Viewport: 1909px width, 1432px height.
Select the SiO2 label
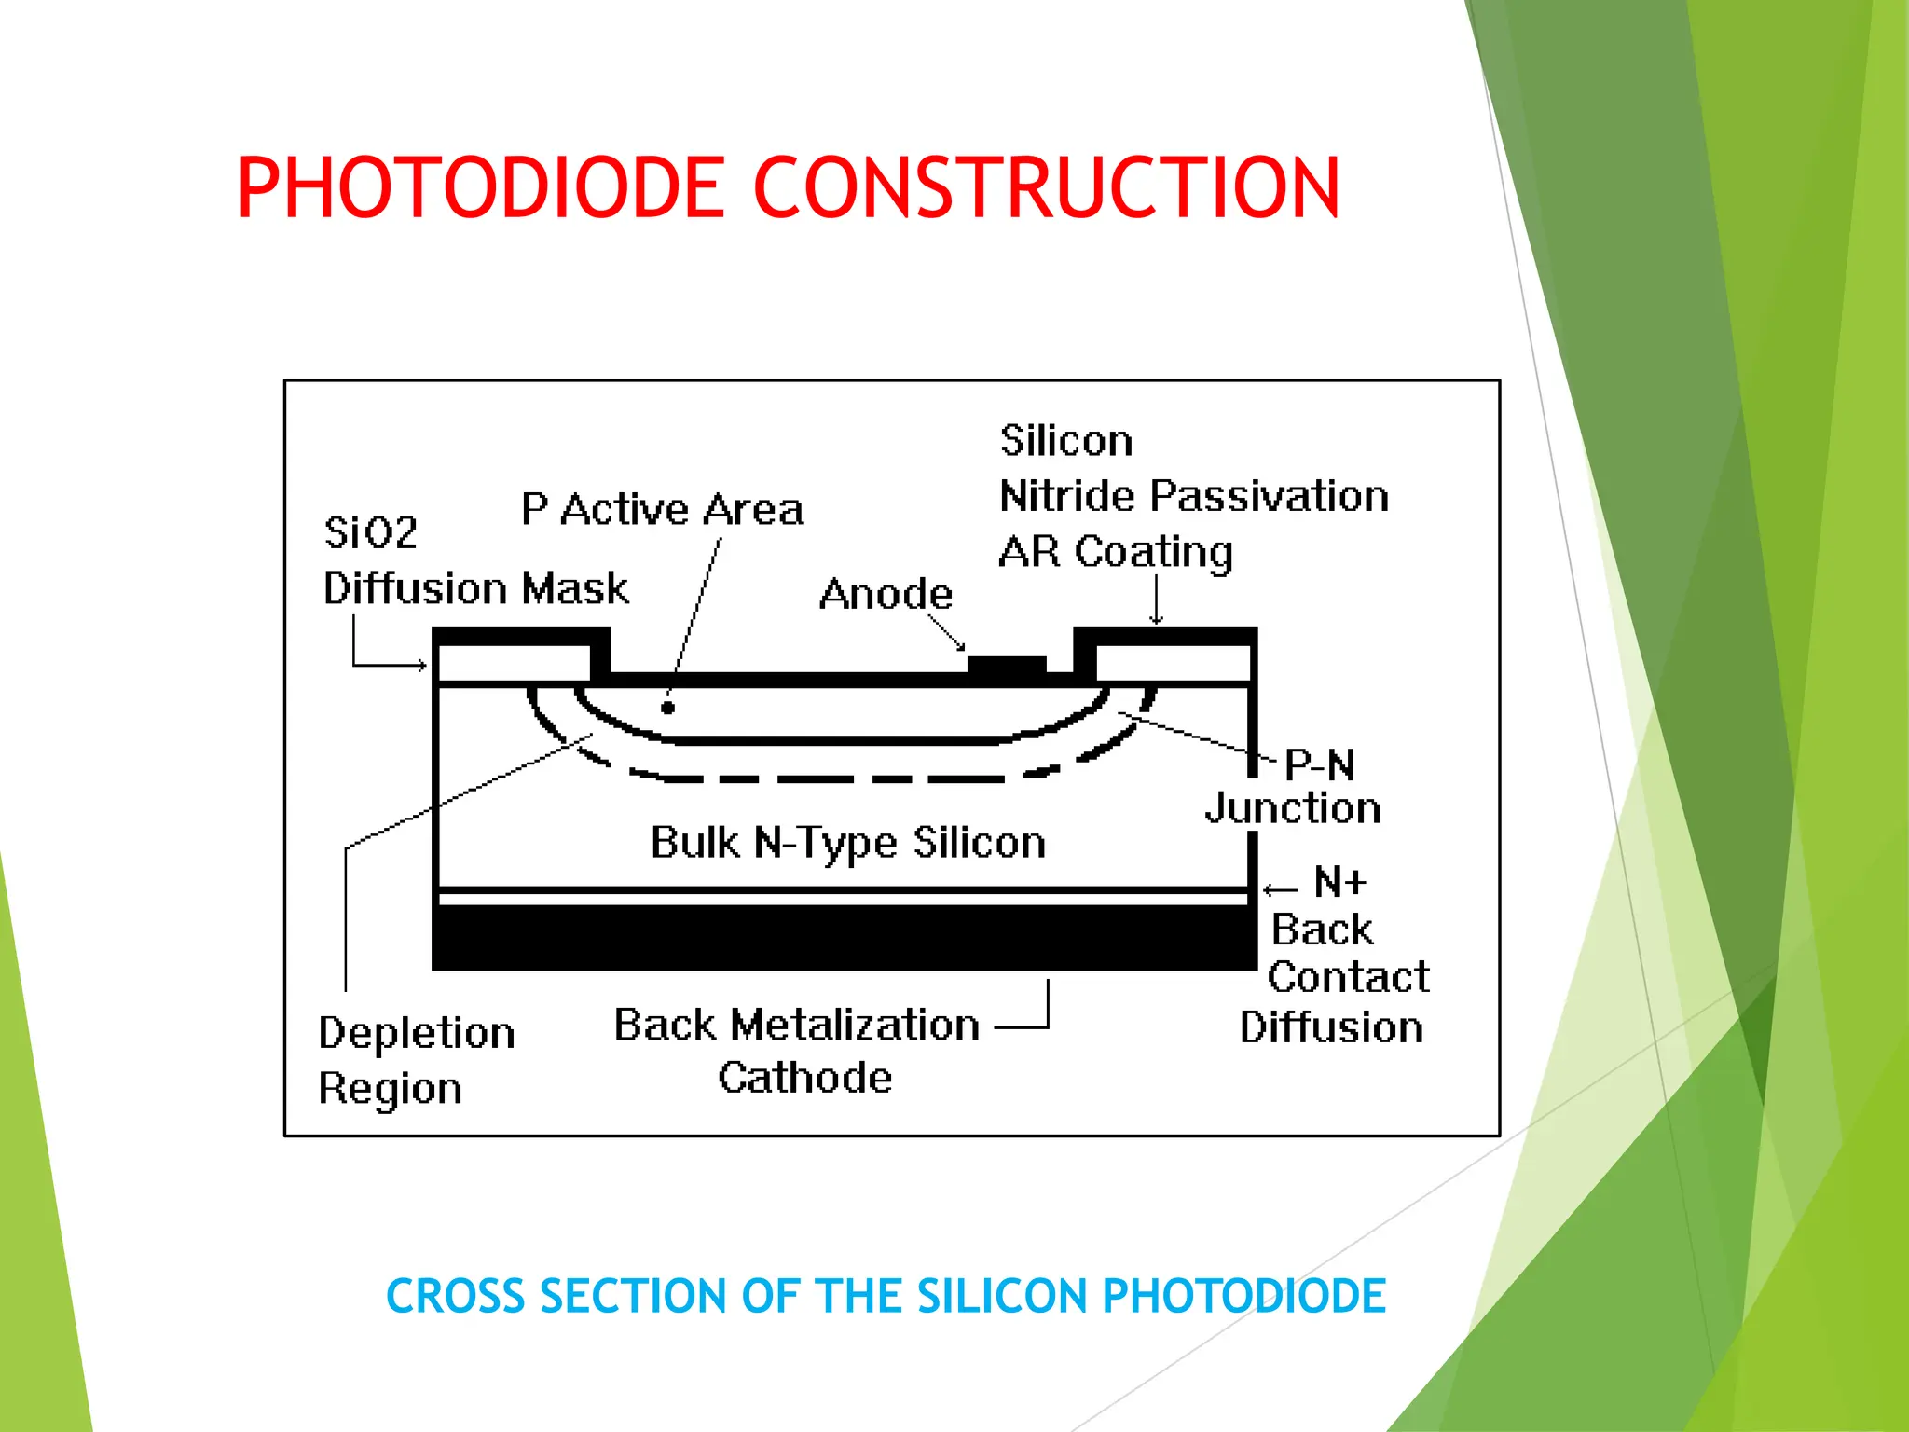pos(370,532)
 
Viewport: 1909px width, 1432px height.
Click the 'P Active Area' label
pos(662,509)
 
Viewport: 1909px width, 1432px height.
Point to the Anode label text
pos(886,594)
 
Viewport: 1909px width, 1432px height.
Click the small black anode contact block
pos(1007,665)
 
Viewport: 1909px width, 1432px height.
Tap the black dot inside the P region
pos(667,708)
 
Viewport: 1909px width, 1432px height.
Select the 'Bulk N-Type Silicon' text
pos(847,842)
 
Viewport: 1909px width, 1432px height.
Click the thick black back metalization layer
pos(844,937)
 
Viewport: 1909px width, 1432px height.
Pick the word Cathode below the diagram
pos(804,1078)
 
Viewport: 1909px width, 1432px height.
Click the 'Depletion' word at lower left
pos(416,1033)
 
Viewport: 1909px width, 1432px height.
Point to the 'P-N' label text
pos(1319,765)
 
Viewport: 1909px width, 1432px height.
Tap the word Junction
pos(1293,808)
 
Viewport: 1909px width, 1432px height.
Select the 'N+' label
pos(1339,882)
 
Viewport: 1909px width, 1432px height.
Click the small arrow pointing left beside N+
pos(1280,889)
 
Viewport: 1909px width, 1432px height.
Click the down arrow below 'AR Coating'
pos(1156,600)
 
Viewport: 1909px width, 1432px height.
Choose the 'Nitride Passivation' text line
pos(1194,496)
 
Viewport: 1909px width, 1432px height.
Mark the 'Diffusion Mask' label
pos(475,589)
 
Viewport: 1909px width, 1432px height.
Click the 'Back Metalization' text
pos(796,1025)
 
